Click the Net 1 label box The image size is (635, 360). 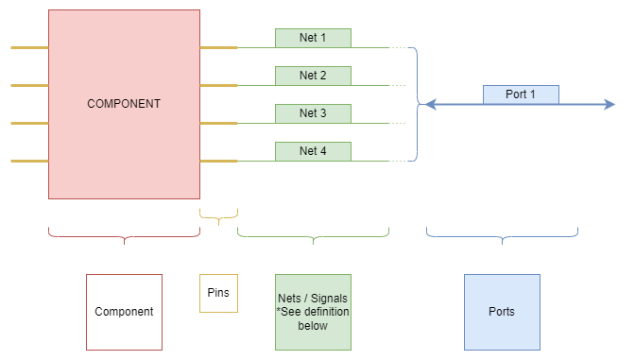point(313,38)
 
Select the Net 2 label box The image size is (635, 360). point(313,76)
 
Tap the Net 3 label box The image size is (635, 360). point(313,113)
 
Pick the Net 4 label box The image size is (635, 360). point(313,151)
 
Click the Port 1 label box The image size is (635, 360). point(521,94)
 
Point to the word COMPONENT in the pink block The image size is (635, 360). point(124,104)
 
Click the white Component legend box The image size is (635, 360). point(124,311)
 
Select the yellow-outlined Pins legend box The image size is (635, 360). point(218,293)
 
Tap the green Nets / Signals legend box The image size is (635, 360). point(313,311)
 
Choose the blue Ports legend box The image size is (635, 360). point(502,311)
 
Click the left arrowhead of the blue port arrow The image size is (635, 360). point(429,104)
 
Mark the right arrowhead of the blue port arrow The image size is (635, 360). point(609,104)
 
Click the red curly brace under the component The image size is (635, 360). point(124,236)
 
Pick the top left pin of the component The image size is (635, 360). point(29,47)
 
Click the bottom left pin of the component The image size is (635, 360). point(29,161)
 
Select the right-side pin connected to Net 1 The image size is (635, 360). point(218,47)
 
